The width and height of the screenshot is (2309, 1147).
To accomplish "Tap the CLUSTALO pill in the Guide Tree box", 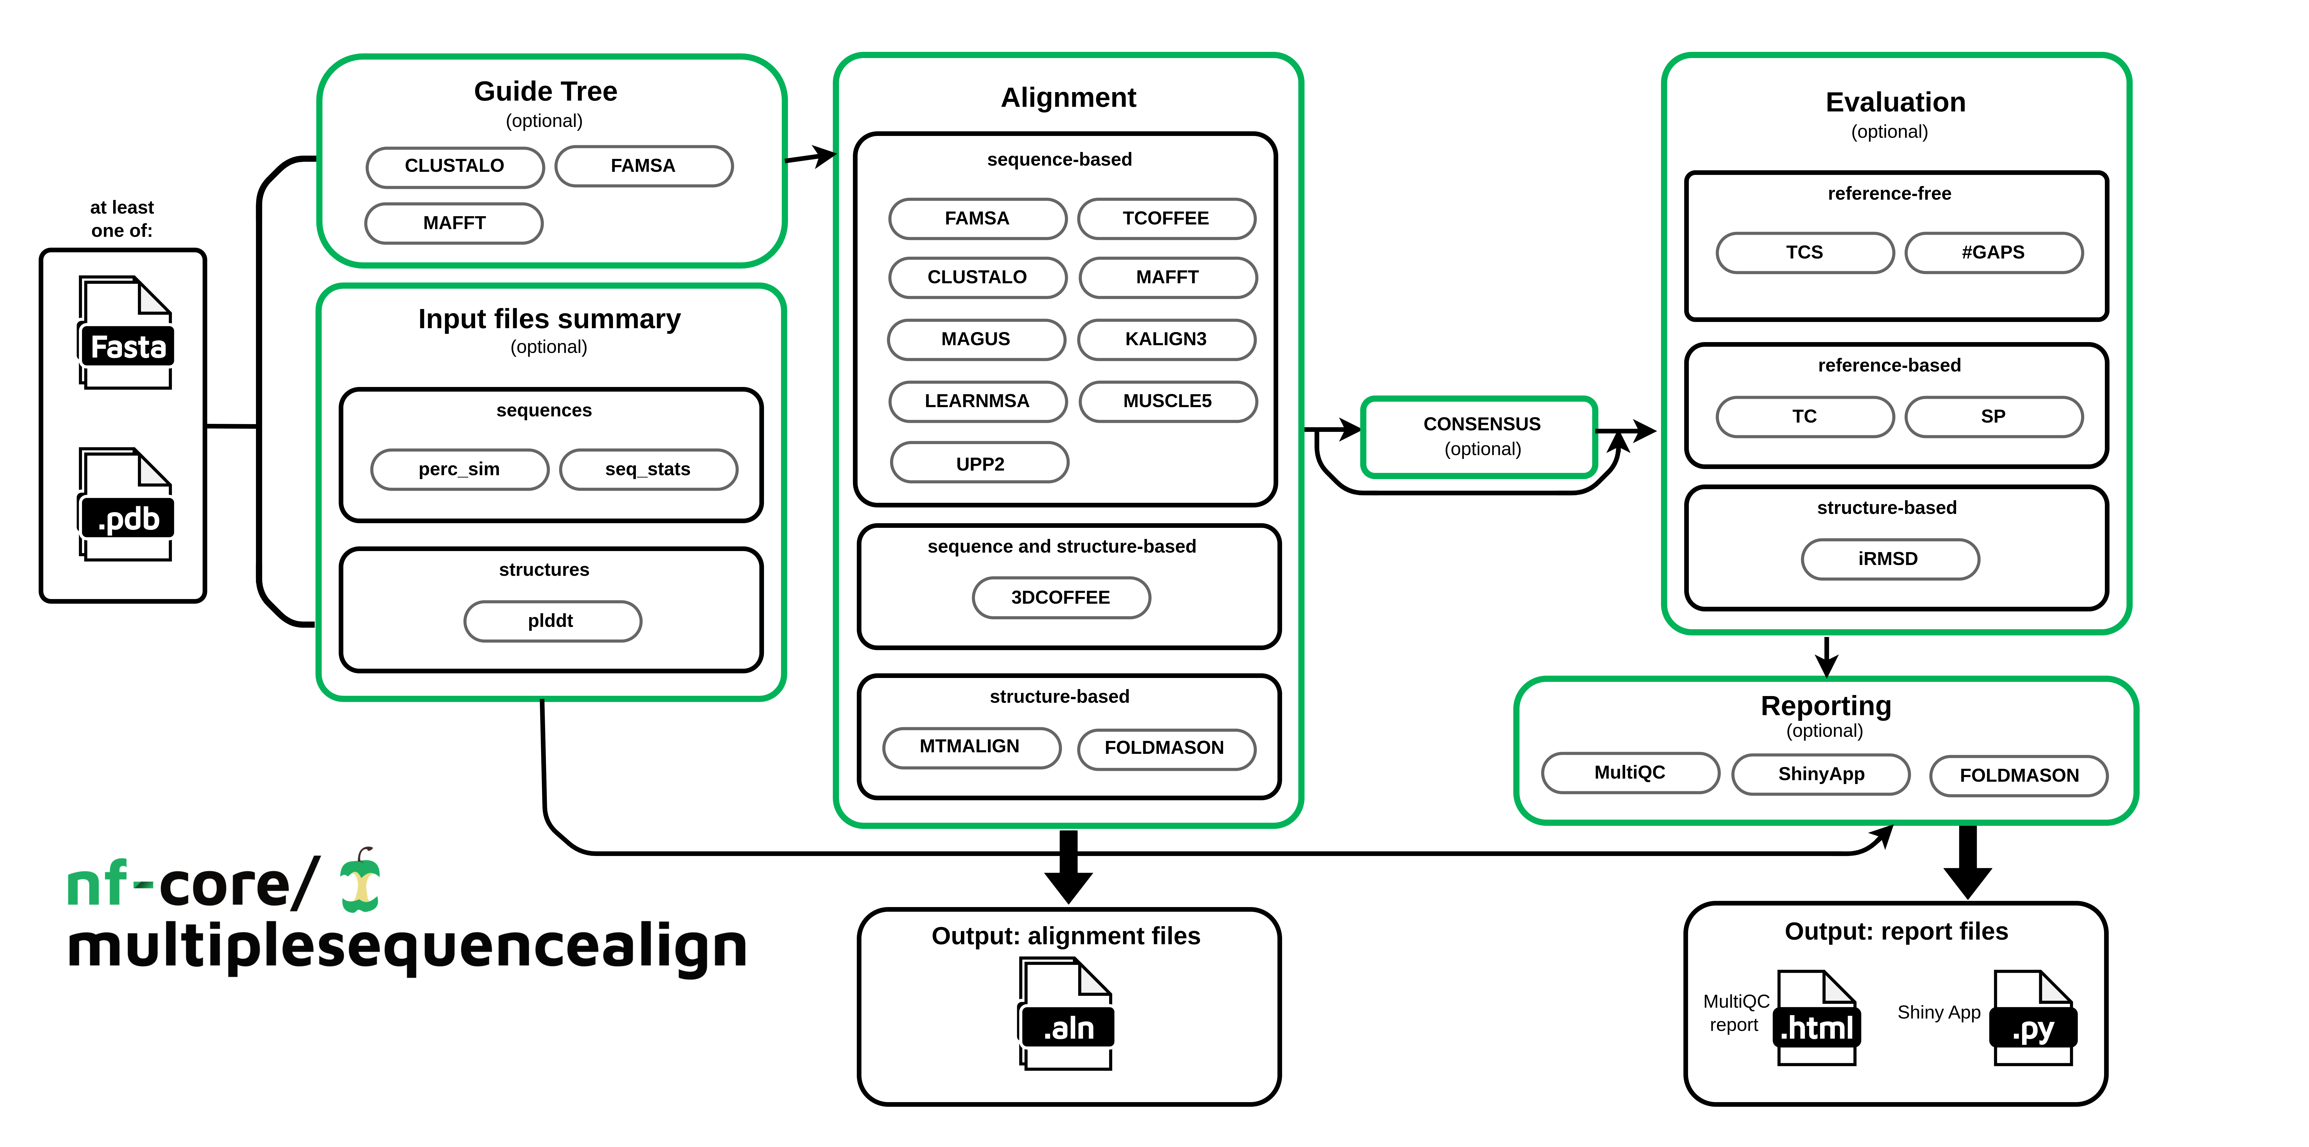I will (x=454, y=166).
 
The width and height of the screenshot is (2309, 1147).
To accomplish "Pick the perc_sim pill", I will (x=459, y=469).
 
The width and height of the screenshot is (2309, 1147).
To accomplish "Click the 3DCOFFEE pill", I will (x=1060, y=597).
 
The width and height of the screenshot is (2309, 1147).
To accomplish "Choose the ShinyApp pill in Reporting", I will (x=1821, y=774).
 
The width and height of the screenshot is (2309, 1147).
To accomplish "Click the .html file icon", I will (x=1816, y=1018).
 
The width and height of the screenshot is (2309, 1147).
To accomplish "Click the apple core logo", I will (x=361, y=882).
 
